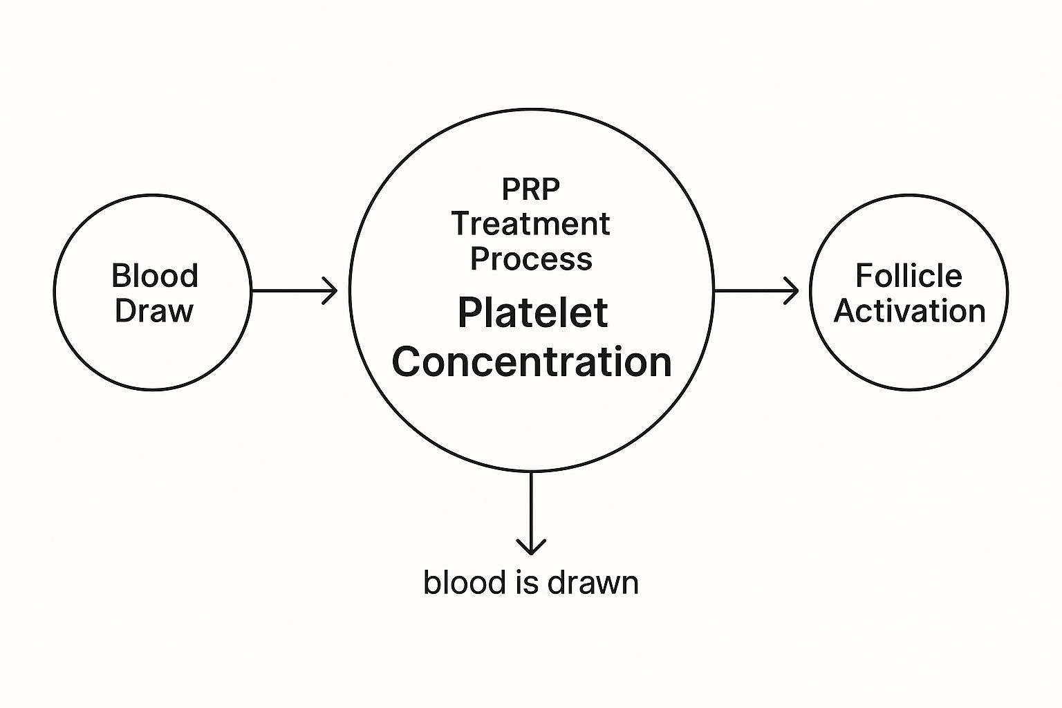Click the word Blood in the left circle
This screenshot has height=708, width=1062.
pos(154,276)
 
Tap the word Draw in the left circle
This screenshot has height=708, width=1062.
pos(153,310)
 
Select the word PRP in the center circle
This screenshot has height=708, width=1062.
pos(531,189)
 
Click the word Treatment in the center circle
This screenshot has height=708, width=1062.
pos(531,224)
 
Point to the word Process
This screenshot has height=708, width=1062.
pos(531,259)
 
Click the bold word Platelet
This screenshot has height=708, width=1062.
pos(532,313)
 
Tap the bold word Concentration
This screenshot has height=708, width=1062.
pos(532,362)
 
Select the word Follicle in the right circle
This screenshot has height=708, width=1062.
pos(909,276)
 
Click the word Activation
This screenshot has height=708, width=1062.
pos(909,310)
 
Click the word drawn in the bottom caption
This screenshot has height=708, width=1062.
pos(593,582)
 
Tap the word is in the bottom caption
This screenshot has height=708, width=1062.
pos(530,582)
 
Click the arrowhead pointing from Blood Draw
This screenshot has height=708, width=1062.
pos(331,291)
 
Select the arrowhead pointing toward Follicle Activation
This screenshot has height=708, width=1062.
pos(792,291)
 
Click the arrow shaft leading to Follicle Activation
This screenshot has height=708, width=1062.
pos(750,291)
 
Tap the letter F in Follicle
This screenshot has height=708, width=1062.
pos(863,276)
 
